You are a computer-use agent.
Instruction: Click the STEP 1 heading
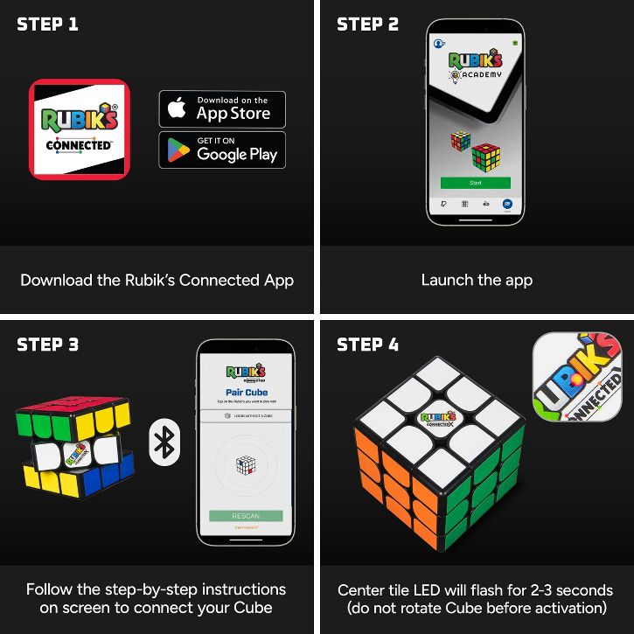47,24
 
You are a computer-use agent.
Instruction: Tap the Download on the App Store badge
222,109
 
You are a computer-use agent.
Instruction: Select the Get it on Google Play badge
222,150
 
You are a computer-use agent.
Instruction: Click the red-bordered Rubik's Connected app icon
80,129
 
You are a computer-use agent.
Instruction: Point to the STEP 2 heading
367,24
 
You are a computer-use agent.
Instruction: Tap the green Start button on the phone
475,183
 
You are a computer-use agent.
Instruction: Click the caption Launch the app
477,281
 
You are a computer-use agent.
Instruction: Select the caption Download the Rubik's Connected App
157,281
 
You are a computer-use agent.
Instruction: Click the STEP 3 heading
47,345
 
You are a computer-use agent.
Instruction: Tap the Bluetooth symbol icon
164,442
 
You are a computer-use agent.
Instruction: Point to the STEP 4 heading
367,345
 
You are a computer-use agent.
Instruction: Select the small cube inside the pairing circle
246,466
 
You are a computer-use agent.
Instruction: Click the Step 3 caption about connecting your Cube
157,599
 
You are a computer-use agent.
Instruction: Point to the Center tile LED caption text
477,599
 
